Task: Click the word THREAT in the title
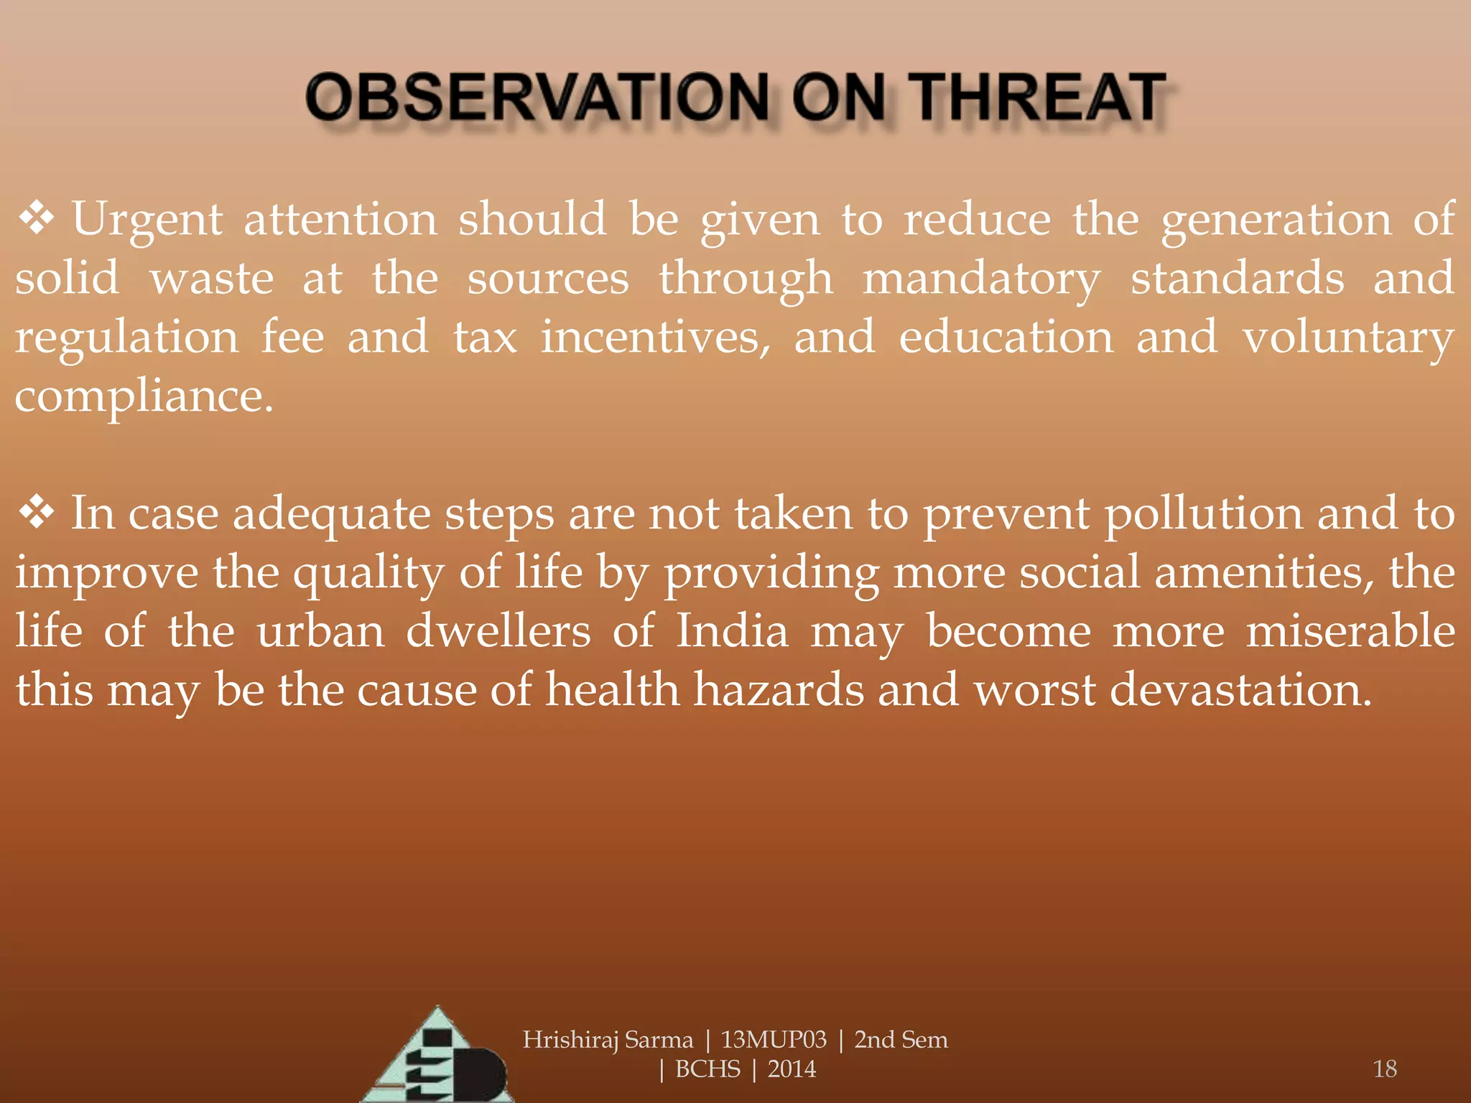pos(1039,98)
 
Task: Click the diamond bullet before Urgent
pos(37,218)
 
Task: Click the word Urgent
pos(147,220)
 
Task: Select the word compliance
pos(144,396)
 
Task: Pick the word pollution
pos(1203,515)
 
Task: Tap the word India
pos(732,631)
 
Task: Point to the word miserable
pos(1350,631)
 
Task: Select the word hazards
pos(779,690)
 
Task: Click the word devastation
pos(1240,690)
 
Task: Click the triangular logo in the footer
pos(438,1059)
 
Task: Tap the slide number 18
pos(1384,1069)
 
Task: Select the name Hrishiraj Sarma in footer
pos(608,1040)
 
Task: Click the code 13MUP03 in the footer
pos(774,1040)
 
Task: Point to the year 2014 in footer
pos(792,1069)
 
